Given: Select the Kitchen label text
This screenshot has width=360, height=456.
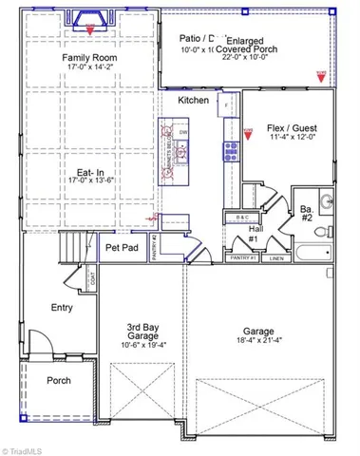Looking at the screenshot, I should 193,100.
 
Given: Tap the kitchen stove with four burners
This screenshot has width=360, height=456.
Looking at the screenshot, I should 229,148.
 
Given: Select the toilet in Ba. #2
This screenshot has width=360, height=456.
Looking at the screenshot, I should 321,231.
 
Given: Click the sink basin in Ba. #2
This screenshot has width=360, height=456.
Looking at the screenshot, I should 326,200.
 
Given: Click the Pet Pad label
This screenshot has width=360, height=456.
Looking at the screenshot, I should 122,247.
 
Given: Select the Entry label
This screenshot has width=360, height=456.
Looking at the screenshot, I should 62,307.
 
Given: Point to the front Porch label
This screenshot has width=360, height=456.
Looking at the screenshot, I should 60,381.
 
